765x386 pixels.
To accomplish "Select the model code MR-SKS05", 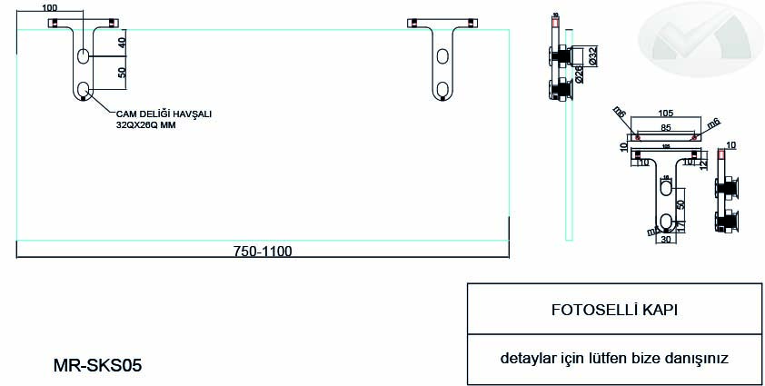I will point(98,366).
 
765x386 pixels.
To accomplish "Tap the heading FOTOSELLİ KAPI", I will point(614,310).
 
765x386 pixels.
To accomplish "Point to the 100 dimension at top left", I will point(49,7).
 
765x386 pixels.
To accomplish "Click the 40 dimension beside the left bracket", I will point(122,42).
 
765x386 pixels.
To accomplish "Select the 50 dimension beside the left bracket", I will point(122,72).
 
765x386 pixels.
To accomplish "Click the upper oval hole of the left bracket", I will point(84,56).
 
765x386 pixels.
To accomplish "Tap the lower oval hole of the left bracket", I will point(84,89).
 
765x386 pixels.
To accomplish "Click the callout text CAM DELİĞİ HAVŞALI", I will point(164,114).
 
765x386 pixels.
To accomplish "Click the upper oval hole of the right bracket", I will point(443,57).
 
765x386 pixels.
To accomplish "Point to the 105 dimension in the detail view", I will point(667,113).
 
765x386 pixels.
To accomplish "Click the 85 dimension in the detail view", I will point(666,127).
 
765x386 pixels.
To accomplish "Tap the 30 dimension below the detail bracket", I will point(666,241).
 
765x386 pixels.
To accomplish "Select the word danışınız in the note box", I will point(697,358).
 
